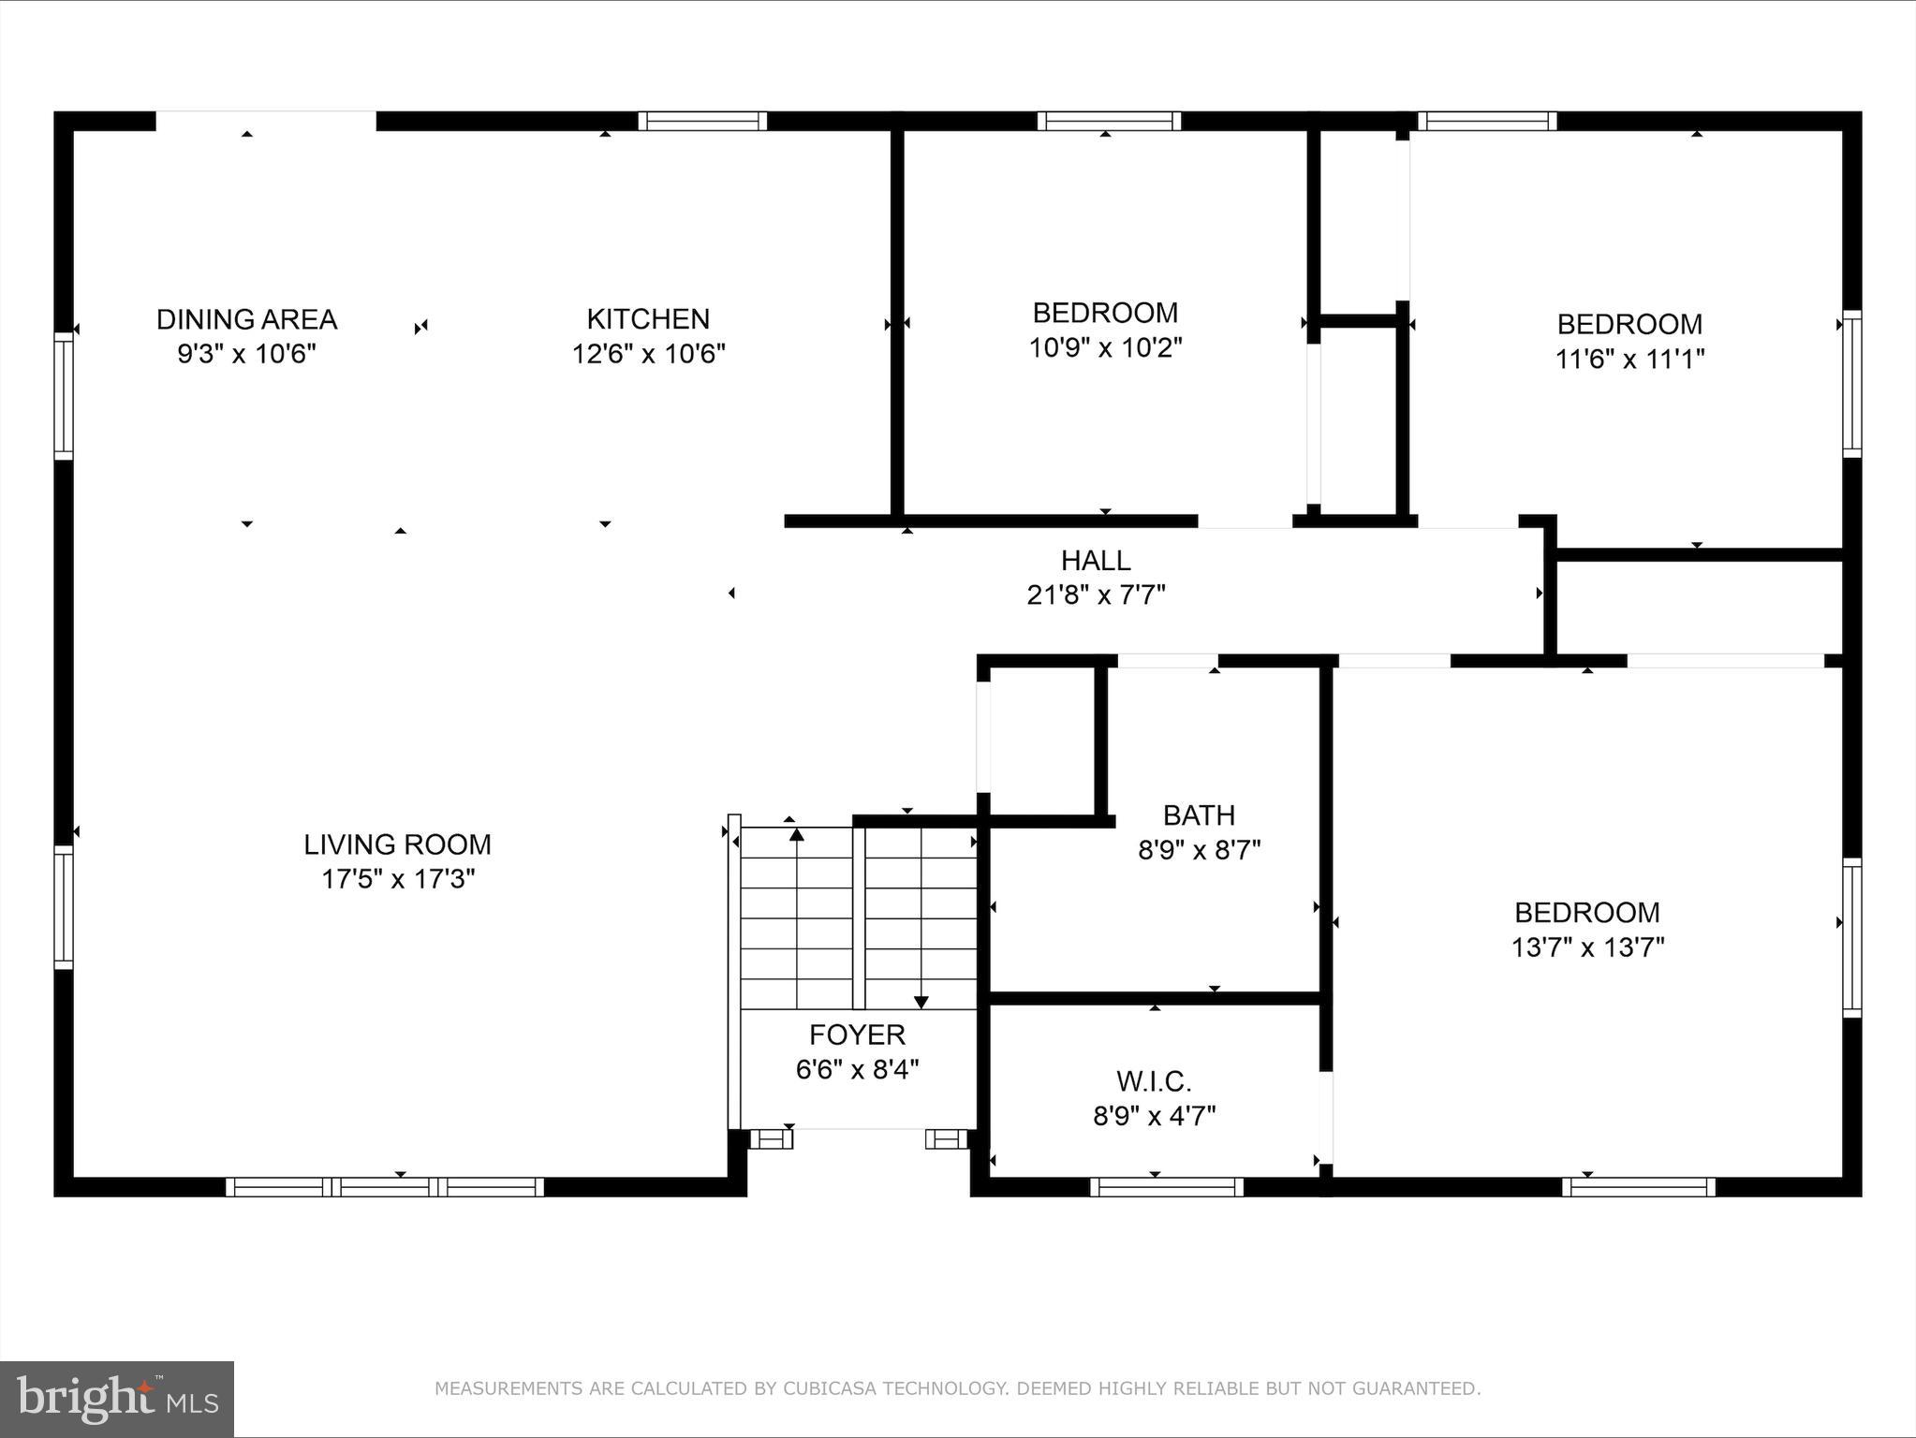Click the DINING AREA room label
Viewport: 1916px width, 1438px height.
pyautogui.click(x=246, y=319)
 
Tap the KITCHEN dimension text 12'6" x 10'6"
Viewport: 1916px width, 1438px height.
pyautogui.click(x=648, y=354)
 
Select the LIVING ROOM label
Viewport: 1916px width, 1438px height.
pyautogui.click(x=397, y=844)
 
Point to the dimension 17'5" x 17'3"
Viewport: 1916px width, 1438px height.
pyautogui.click(x=398, y=879)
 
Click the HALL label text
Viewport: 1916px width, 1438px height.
pyautogui.click(x=1096, y=561)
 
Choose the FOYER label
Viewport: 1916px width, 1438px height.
pyautogui.click(x=857, y=1034)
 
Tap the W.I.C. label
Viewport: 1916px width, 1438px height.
pyautogui.click(x=1154, y=1081)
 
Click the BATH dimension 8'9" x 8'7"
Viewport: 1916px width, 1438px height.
pyautogui.click(x=1199, y=850)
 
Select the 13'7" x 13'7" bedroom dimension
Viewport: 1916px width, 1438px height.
pyautogui.click(x=1587, y=947)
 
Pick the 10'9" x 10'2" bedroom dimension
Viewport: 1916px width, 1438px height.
pyautogui.click(x=1105, y=348)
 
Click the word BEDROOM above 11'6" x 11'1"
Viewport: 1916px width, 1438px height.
pyautogui.click(x=1629, y=324)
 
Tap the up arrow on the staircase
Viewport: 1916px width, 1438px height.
pyautogui.click(x=797, y=832)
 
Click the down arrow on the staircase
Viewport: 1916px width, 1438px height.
pyautogui.click(x=921, y=1001)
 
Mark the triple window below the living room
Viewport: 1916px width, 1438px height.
pyautogui.click(x=385, y=1187)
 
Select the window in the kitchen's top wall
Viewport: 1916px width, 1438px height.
pyautogui.click(x=702, y=121)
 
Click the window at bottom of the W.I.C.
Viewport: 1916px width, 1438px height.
pyautogui.click(x=1167, y=1187)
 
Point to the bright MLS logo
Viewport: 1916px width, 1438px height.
pyautogui.click(x=117, y=1399)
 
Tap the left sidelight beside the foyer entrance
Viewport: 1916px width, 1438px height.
pyautogui.click(x=771, y=1138)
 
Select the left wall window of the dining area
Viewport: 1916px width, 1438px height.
pyautogui.click(x=63, y=396)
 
